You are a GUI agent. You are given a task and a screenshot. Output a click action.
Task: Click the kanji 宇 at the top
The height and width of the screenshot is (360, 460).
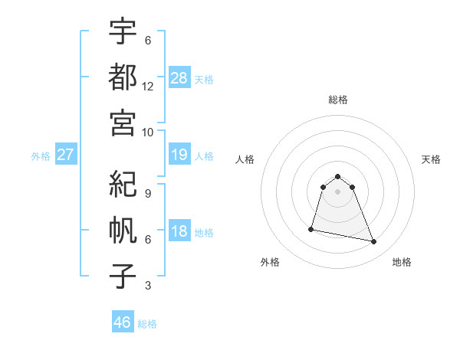[123, 31]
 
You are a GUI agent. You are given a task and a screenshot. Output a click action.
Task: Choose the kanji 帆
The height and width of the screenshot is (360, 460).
[123, 229]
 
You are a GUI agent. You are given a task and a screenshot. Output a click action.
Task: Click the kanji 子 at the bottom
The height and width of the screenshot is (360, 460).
[123, 273]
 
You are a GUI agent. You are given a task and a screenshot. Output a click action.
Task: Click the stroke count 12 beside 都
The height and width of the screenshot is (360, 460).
[148, 86]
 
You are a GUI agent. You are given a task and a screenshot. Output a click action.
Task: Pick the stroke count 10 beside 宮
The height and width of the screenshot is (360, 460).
[148, 131]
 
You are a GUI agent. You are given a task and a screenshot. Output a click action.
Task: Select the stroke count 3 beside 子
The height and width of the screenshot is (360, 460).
[148, 286]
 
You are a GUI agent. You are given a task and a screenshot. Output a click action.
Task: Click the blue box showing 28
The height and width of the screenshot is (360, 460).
[179, 77]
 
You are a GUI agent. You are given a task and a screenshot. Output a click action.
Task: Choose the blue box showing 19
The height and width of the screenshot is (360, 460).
[179, 155]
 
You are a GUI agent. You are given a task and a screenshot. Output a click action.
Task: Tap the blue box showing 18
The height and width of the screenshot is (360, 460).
[179, 231]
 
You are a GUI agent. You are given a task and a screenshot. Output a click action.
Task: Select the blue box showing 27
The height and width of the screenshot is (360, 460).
[66, 155]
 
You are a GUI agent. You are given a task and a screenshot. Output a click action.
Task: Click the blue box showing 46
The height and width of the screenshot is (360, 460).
[123, 322]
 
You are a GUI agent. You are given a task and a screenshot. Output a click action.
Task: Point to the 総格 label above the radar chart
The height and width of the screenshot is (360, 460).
[338, 100]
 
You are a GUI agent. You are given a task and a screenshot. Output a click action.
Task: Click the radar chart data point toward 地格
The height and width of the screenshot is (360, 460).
[374, 242]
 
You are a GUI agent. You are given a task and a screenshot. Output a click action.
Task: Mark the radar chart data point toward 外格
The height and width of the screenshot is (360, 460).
[311, 228]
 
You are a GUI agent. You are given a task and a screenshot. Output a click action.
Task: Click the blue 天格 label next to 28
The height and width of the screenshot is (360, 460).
[204, 80]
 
